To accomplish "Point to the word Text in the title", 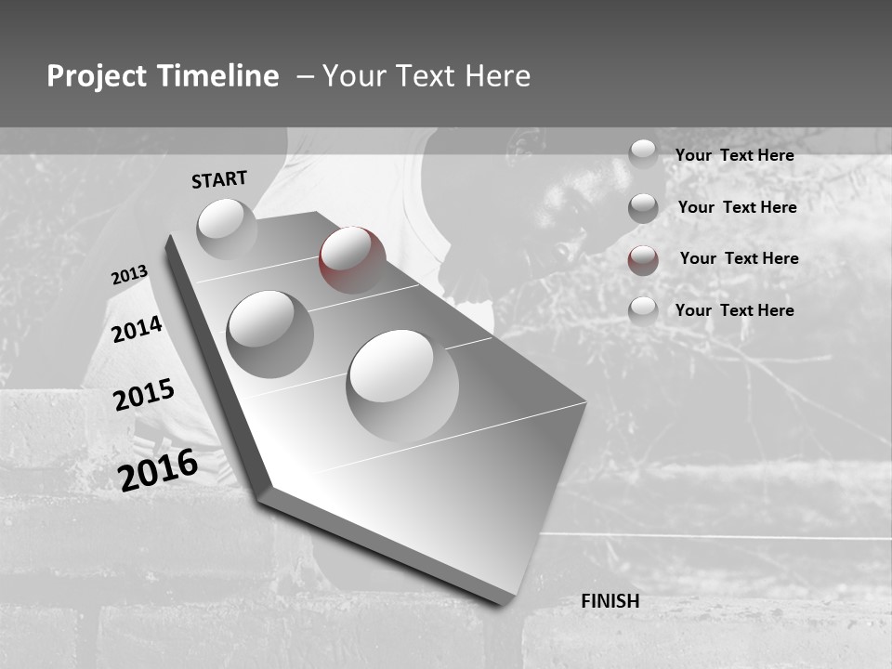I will point(426,76).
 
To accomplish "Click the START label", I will point(219,179).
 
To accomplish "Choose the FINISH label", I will point(610,601).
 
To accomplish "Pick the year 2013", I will point(129,275).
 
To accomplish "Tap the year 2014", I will point(138,329).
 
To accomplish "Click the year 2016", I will point(158,469).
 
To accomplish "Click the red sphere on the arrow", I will point(352,260).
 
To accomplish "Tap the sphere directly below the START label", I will point(227,230).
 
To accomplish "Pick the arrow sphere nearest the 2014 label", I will point(269,334).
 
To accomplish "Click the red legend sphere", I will point(643,260).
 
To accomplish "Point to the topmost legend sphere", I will point(643,154).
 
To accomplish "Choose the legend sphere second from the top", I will point(643,208).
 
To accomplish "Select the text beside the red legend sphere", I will point(739,258).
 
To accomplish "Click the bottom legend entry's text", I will point(734,310).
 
